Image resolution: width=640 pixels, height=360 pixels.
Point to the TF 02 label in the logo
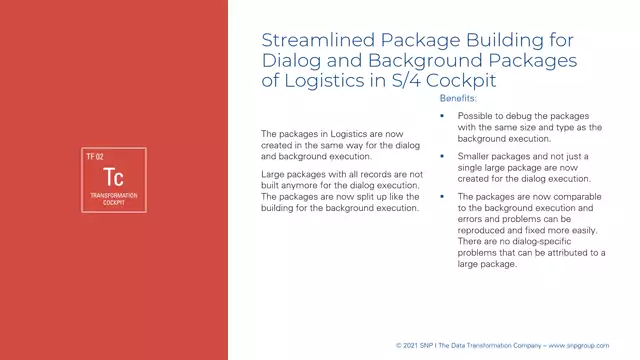click(96, 157)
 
